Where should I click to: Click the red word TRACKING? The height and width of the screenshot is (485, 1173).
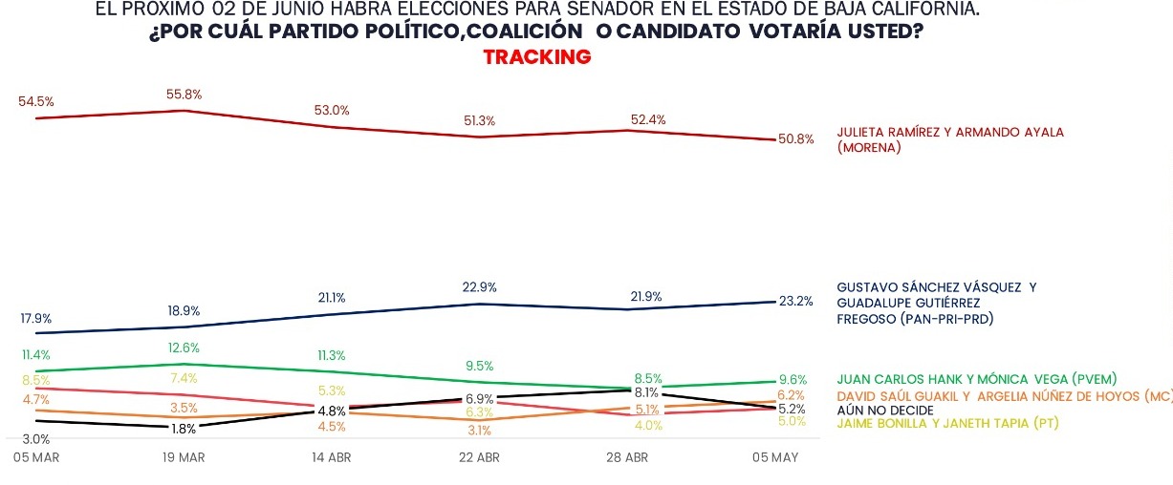click(x=537, y=57)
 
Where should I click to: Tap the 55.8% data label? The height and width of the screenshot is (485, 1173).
click(x=185, y=95)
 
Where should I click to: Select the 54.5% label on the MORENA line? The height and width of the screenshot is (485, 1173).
click(x=36, y=101)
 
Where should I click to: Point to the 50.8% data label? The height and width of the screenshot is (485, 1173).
click(x=795, y=139)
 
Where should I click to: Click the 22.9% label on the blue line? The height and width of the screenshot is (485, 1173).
click(x=479, y=287)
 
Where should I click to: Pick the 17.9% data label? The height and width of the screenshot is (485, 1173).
click(x=35, y=318)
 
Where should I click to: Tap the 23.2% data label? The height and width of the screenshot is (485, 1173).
click(x=795, y=302)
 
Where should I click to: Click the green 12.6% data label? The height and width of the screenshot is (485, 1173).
click(x=184, y=348)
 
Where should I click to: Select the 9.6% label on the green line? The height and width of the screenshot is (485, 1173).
click(x=793, y=378)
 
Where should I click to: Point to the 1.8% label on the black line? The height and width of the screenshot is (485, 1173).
click(x=184, y=430)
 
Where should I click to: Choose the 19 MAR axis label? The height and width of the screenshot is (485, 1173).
click(x=184, y=458)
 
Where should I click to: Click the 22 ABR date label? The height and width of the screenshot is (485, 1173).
click(x=479, y=458)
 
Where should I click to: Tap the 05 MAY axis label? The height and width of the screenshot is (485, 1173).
click(x=774, y=458)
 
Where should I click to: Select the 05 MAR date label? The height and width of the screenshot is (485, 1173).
click(x=36, y=458)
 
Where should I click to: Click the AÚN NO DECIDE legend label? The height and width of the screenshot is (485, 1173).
click(x=884, y=411)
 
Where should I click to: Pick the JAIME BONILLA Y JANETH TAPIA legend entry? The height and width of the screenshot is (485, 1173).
click(x=947, y=424)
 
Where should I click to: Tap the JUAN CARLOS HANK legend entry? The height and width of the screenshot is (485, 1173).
click(x=976, y=379)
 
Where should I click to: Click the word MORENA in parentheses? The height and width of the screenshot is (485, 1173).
click(x=873, y=148)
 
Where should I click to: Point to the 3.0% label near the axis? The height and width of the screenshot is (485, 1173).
click(x=35, y=439)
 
